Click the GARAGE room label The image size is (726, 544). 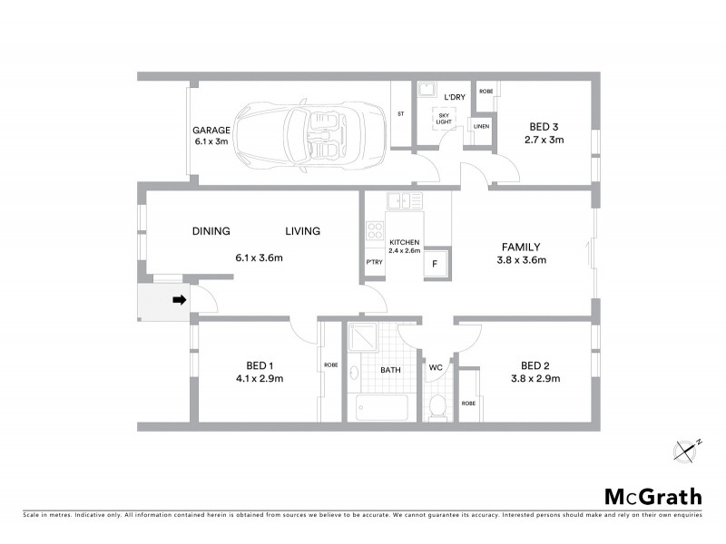pyautogui.click(x=209, y=130)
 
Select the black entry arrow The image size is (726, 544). pyautogui.click(x=180, y=300)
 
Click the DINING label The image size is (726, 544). pyautogui.click(x=211, y=231)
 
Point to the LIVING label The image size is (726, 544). pyautogui.click(x=302, y=231)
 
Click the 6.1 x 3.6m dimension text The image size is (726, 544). pyautogui.click(x=260, y=258)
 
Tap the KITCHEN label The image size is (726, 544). pyautogui.click(x=404, y=244)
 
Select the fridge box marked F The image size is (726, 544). pyautogui.click(x=435, y=264)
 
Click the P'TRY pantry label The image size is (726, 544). pyautogui.click(x=373, y=263)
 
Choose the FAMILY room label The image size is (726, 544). pyautogui.click(x=522, y=247)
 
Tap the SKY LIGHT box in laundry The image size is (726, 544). pyautogui.click(x=444, y=119)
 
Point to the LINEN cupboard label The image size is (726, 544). pyautogui.click(x=480, y=126)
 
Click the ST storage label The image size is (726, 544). pyautogui.click(x=400, y=114)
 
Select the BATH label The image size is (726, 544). pyautogui.click(x=390, y=371)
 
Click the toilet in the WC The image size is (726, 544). pyautogui.click(x=437, y=406)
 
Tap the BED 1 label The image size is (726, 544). pyautogui.click(x=260, y=364)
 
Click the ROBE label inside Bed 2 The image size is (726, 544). pyautogui.click(x=468, y=403)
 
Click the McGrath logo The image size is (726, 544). pyautogui.click(x=652, y=496)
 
